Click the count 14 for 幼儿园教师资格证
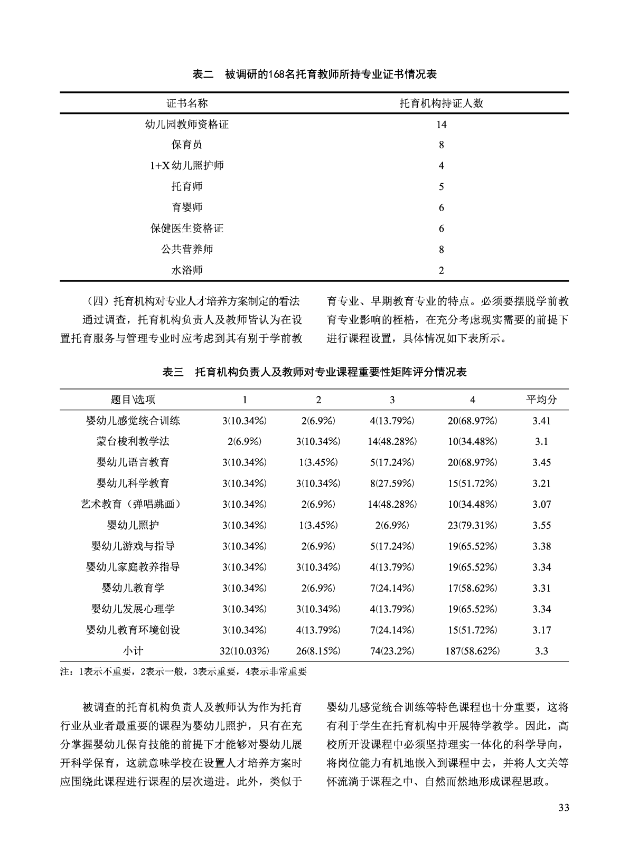(442, 125)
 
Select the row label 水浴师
(187, 270)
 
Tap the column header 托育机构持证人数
(442, 103)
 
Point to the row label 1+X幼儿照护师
(187, 166)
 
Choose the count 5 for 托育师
(442, 187)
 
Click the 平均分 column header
(541, 400)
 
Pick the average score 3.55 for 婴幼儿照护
(541, 525)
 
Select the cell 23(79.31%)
(472, 525)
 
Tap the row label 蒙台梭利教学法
(133, 441)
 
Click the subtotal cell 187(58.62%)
(472, 651)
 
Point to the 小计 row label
(133, 651)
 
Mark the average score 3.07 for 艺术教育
(541, 504)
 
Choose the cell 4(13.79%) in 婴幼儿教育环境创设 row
(318, 630)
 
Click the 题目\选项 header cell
(133, 400)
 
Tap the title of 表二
(314, 74)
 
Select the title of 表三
(314, 372)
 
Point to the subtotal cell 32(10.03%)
(245, 651)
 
